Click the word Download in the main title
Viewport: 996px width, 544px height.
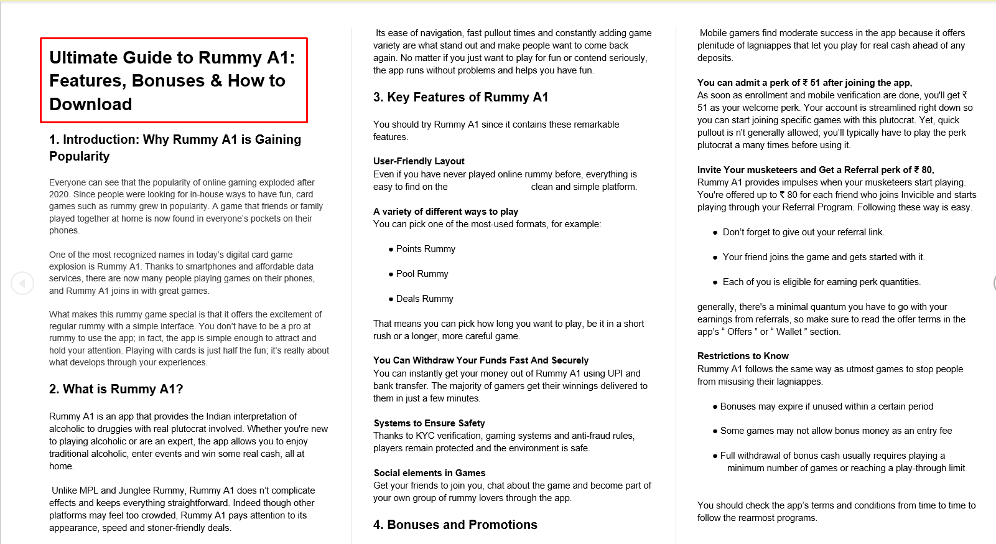pyautogui.click(x=91, y=104)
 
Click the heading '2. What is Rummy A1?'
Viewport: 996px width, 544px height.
pyautogui.click(x=116, y=389)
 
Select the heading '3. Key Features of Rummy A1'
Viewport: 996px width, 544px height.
pyautogui.click(x=460, y=97)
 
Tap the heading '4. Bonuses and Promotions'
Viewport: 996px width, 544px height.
pyautogui.click(x=455, y=525)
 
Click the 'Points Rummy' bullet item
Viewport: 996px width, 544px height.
pyautogui.click(x=426, y=249)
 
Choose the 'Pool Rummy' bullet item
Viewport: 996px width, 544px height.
pyautogui.click(x=422, y=274)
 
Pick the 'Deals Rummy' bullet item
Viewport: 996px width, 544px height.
pyautogui.click(x=424, y=299)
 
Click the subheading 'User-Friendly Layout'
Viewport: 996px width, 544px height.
pyautogui.click(x=419, y=161)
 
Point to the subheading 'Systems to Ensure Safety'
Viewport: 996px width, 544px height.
pyautogui.click(x=429, y=423)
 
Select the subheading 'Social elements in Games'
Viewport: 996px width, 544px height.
pyautogui.click(x=429, y=473)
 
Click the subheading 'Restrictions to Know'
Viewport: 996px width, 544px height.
pyautogui.click(x=743, y=356)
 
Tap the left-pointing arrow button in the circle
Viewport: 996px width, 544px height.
pyautogui.click(x=22, y=283)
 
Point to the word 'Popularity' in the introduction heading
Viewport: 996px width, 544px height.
pyautogui.click(x=80, y=156)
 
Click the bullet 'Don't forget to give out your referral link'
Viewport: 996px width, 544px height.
pyautogui.click(x=803, y=232)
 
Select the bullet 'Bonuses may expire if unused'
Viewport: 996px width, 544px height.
pyautogui.click(x=826, y=406)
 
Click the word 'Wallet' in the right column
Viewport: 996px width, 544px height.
pyautogui.click(x=789, y=332)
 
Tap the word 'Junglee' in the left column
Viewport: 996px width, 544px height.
pyautogui.click(x=135, y=490)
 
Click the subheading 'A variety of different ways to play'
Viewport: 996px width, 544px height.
pyautogui.click(x=445, y=212)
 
